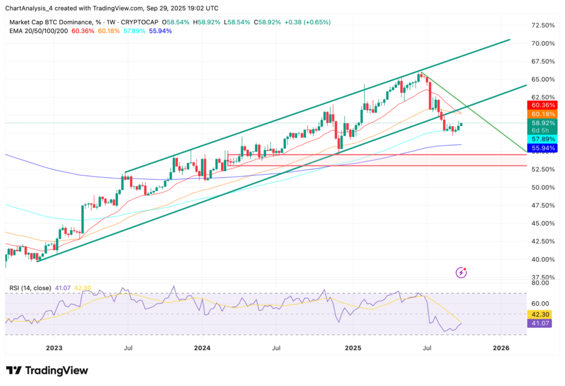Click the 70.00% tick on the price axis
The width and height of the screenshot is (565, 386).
point(543,44)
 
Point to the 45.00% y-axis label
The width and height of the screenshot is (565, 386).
point(543,223)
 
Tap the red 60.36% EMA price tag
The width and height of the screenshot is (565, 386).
point(543,105)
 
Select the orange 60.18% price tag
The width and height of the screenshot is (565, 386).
point(543,114)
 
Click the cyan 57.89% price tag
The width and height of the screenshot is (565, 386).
point(543,139)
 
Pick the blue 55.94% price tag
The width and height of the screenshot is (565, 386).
point(543,148)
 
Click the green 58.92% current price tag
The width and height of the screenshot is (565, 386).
point(543,123)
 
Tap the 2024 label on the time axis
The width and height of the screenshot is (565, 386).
point(202,348)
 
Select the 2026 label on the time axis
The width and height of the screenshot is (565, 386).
point(500,348)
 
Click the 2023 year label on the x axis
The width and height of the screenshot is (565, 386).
point(54,348)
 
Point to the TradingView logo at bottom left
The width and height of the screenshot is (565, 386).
point(47,371)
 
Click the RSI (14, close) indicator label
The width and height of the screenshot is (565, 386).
point(31,288)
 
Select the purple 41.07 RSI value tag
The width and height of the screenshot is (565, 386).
point(543,323)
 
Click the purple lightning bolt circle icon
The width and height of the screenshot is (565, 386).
point(462,272)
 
